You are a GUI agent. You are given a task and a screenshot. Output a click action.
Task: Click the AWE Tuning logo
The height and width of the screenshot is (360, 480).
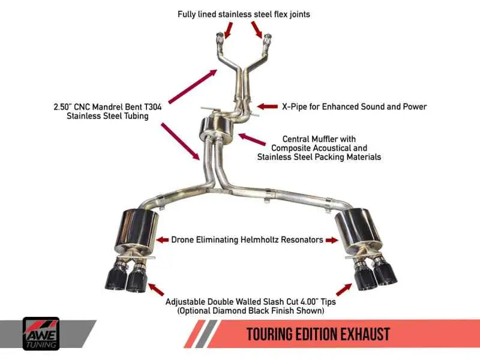pyautogui.click(x=41, y=333)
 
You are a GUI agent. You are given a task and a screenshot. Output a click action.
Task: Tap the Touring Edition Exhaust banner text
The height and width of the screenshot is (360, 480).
pyautogui.click(x=318, y=334)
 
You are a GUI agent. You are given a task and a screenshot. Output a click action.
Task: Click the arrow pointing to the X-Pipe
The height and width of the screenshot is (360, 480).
pyautogui.click(x=267, y=107)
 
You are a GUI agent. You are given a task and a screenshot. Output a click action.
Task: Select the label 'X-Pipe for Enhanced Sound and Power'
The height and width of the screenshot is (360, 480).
pyautogui.click(x=354, y=107)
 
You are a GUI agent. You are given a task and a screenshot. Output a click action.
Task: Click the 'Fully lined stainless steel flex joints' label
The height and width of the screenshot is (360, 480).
pyautogui.click(x=244, y=14)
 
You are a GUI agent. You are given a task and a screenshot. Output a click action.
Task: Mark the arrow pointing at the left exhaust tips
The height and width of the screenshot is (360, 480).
pyautogui.click(x=155, y=289)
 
